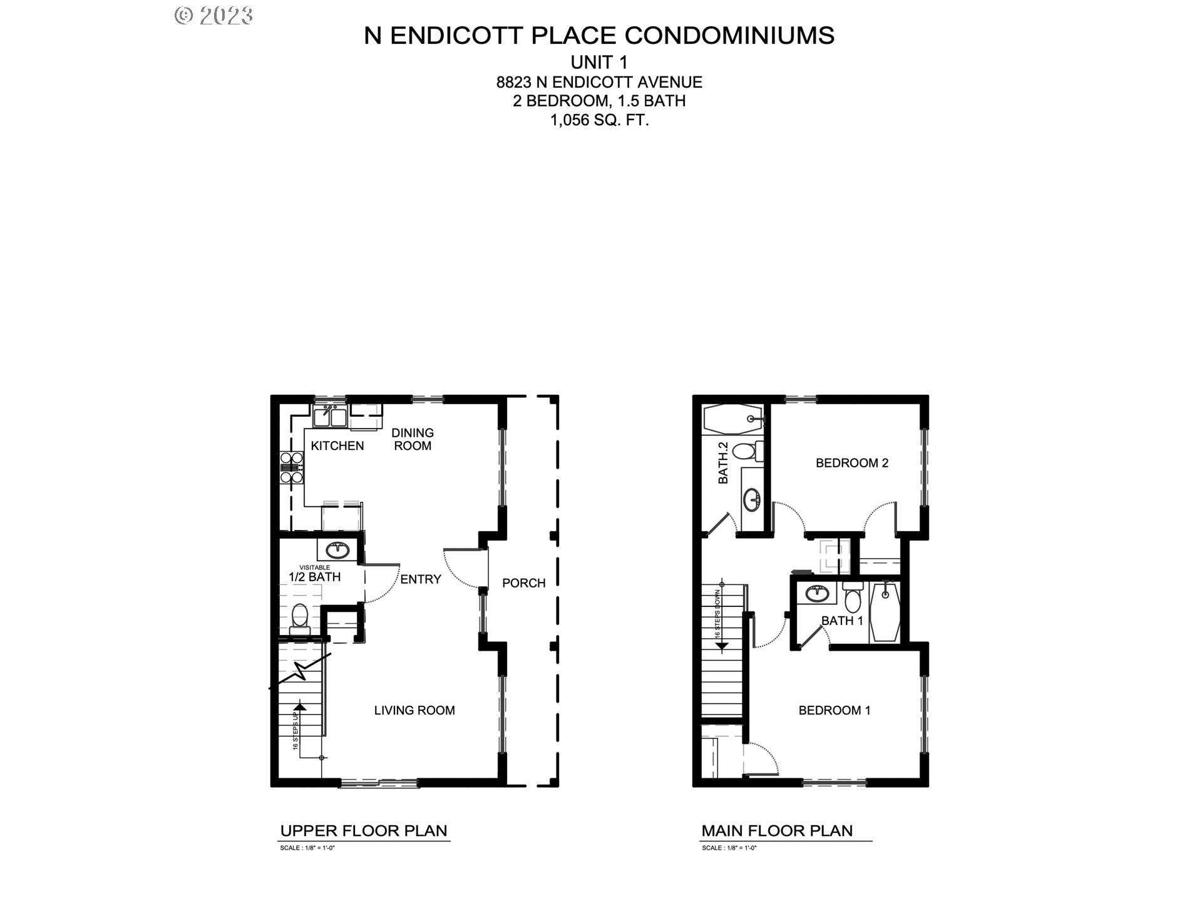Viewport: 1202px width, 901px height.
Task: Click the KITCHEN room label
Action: coord(337,445)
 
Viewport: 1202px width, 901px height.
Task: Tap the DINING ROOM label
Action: coord(413,439)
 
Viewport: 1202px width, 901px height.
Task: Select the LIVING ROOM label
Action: coord(414,710)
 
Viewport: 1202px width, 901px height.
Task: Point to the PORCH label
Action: coord(523,583)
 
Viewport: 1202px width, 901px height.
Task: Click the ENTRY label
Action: coord(421,579)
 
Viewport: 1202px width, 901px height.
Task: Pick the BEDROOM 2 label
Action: coord(851,463)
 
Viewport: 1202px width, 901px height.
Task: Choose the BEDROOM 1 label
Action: coord(835,710)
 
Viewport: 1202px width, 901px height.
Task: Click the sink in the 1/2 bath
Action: coord(339,551)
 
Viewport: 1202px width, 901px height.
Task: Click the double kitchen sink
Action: coord(331,416)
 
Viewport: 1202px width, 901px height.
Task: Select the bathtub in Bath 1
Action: coord(885,611)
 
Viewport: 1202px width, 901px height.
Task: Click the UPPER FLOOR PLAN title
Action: coord(364,831)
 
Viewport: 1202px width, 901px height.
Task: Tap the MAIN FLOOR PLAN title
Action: coord(777,831)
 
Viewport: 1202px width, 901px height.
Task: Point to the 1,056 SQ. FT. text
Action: coord(599,120)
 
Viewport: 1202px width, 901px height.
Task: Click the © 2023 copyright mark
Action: coord(213,16)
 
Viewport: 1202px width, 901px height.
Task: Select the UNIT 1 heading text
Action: coord(599,63)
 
